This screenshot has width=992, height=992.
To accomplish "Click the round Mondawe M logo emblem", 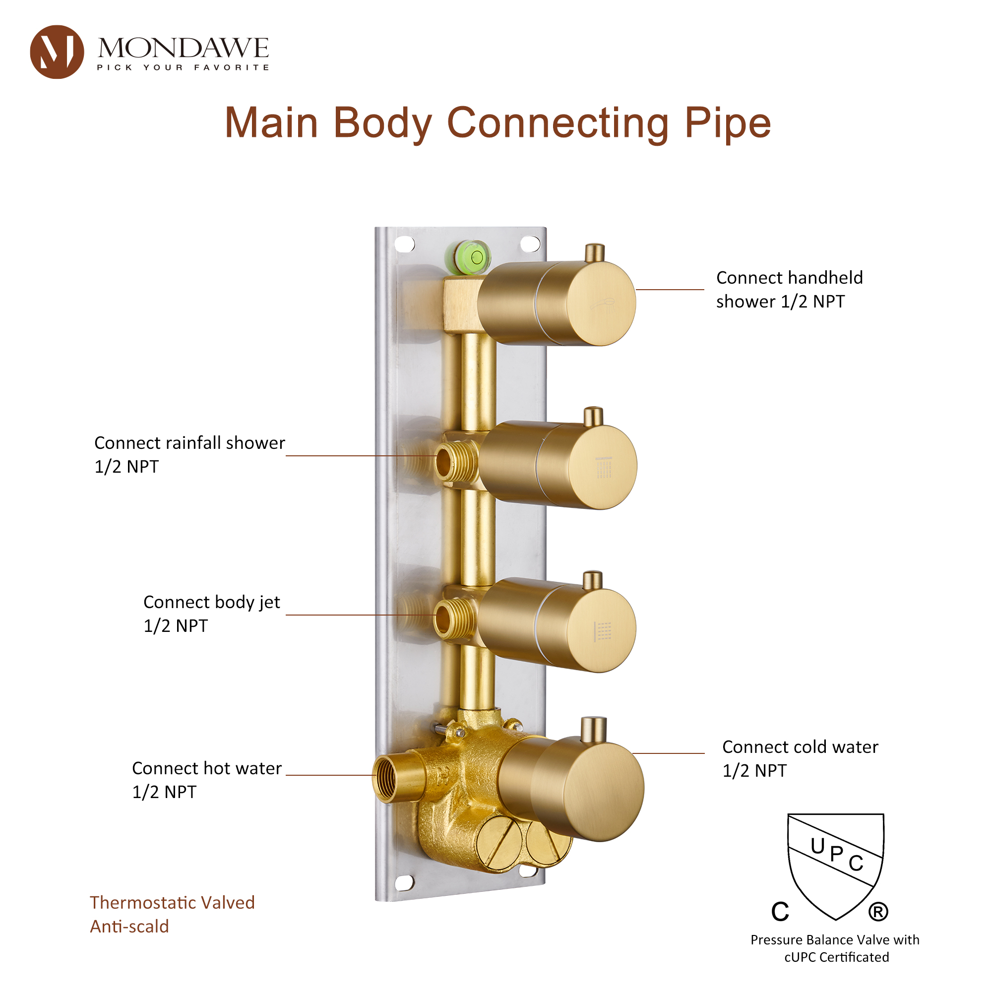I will click(x=57, y=52).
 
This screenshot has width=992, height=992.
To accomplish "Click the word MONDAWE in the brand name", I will click(x=184, y=48).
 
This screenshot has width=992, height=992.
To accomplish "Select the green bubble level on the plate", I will click(x=468, y=257).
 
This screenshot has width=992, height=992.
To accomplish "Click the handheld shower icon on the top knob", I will click(x=602, y=304).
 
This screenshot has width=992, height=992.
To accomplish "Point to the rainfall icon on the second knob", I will click(x=604, y=467).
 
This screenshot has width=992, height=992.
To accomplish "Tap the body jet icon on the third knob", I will click(x=603, y=631).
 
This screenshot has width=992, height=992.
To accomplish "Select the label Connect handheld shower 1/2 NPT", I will click(x=789, y=290).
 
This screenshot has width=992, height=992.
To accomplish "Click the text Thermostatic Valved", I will click(x=172, y=902).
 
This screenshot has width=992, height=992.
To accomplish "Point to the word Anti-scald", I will click(x=129, y=926).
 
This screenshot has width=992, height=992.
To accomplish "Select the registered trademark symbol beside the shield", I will click(x=878, y=912).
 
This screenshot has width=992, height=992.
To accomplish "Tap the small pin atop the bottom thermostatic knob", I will click(x=594, y=730).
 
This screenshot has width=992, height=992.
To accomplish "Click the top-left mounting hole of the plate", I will click(x=405, y=244).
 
